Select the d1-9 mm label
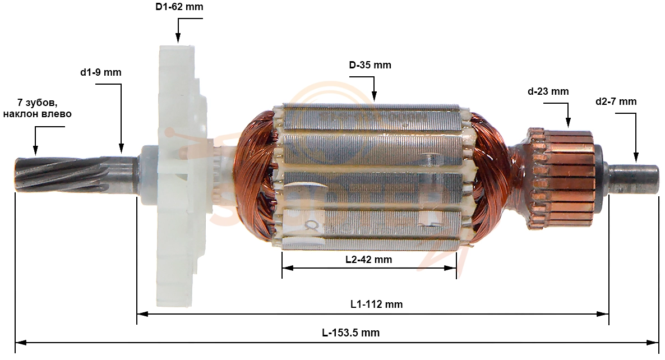click(101, 72)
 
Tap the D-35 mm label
click(370, 65)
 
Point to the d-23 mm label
click(548, 91)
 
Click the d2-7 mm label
click(616, 101)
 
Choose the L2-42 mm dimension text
click(368, 260)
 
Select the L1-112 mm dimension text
click(377, 304)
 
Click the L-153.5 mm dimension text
click(351, 333)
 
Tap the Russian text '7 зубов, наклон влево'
click(38, 108)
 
